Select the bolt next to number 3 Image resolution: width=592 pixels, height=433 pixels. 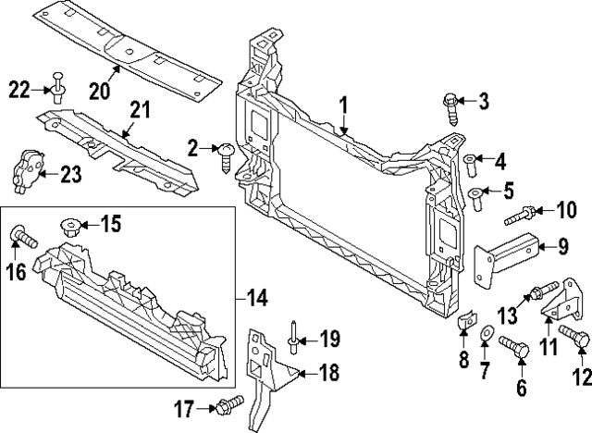pos(452,105)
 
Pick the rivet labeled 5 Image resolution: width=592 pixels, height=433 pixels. pos(475,196)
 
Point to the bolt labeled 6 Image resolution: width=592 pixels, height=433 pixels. pos(512,350)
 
